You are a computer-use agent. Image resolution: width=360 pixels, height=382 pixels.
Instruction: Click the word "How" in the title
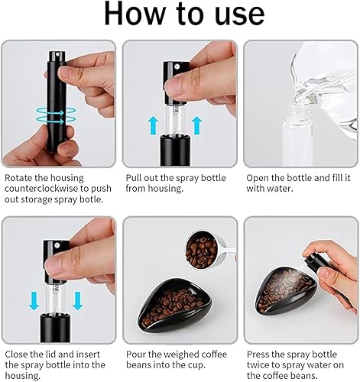[135, 14]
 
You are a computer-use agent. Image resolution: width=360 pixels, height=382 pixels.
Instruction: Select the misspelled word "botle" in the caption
[92, 199]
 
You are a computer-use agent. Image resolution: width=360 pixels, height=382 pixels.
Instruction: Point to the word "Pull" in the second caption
[134, 178]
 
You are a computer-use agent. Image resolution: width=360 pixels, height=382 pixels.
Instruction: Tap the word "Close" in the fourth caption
[16, 354]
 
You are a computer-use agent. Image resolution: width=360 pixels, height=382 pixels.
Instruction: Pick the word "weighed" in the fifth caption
[181, 354]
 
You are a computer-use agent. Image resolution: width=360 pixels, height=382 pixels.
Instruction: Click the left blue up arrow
[154, 125]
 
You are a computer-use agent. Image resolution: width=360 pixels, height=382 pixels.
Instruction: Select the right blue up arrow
[196, 125]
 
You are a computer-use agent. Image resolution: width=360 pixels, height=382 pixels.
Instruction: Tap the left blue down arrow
[34, 301]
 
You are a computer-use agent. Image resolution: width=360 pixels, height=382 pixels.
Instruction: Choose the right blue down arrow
[77, 301]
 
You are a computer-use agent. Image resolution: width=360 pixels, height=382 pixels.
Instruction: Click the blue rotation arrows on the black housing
[56, 116]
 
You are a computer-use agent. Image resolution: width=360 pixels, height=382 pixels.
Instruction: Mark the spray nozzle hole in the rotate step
[57, 54]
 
